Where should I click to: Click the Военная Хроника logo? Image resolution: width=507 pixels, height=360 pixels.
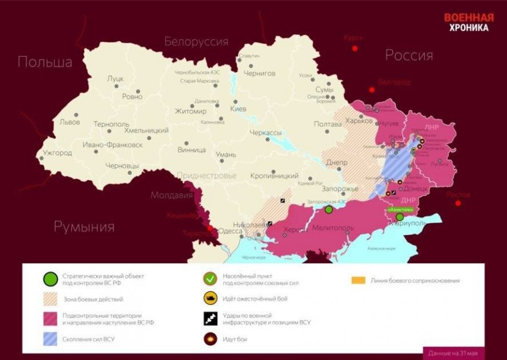click(x=468, y=22)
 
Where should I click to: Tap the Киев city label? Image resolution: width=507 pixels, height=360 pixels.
click(x=237, y=109)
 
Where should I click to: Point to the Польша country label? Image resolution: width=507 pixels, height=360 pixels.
click(x=45, y=62)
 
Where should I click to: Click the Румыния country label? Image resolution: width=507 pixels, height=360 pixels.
click(x=84, y=226)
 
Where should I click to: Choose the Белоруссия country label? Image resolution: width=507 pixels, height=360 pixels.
click(x=196, y=42)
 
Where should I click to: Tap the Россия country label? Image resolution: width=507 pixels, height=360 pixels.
click(x=409, y=56)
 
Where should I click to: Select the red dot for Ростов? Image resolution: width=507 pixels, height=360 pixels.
click(x=458, y=203)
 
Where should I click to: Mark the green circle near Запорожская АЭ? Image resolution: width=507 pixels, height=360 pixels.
click(x=329, y=210)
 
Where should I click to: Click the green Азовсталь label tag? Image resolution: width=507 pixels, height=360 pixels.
click(x=400, y=210)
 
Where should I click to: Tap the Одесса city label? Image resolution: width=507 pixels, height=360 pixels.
click(x=230, y=231)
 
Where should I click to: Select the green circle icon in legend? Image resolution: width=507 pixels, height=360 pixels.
click(x=51, y=279)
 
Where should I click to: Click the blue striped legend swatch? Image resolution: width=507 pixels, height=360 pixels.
click(x=51, y=340)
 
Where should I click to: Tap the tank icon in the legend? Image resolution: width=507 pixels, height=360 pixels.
click(x=209, y=299)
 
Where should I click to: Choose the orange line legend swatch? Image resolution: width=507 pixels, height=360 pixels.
click(x=358, y=280)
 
